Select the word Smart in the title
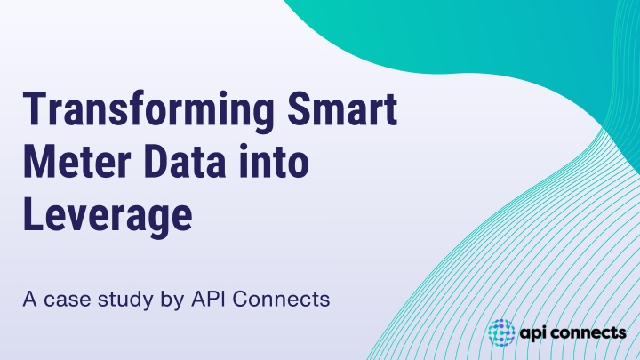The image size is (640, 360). click(342, 108)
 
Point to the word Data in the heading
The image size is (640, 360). click(185, 162)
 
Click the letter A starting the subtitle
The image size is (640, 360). click(30, 300)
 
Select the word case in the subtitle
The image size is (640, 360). click(68, 300)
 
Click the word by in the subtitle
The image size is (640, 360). click(172, 300)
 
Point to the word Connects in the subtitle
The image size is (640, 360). click(281, 300)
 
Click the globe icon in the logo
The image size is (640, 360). click(501, 332)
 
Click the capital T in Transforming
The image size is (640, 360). click(34, 108)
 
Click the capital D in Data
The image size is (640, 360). click(155, 162)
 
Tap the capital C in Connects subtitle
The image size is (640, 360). click(240, 300)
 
